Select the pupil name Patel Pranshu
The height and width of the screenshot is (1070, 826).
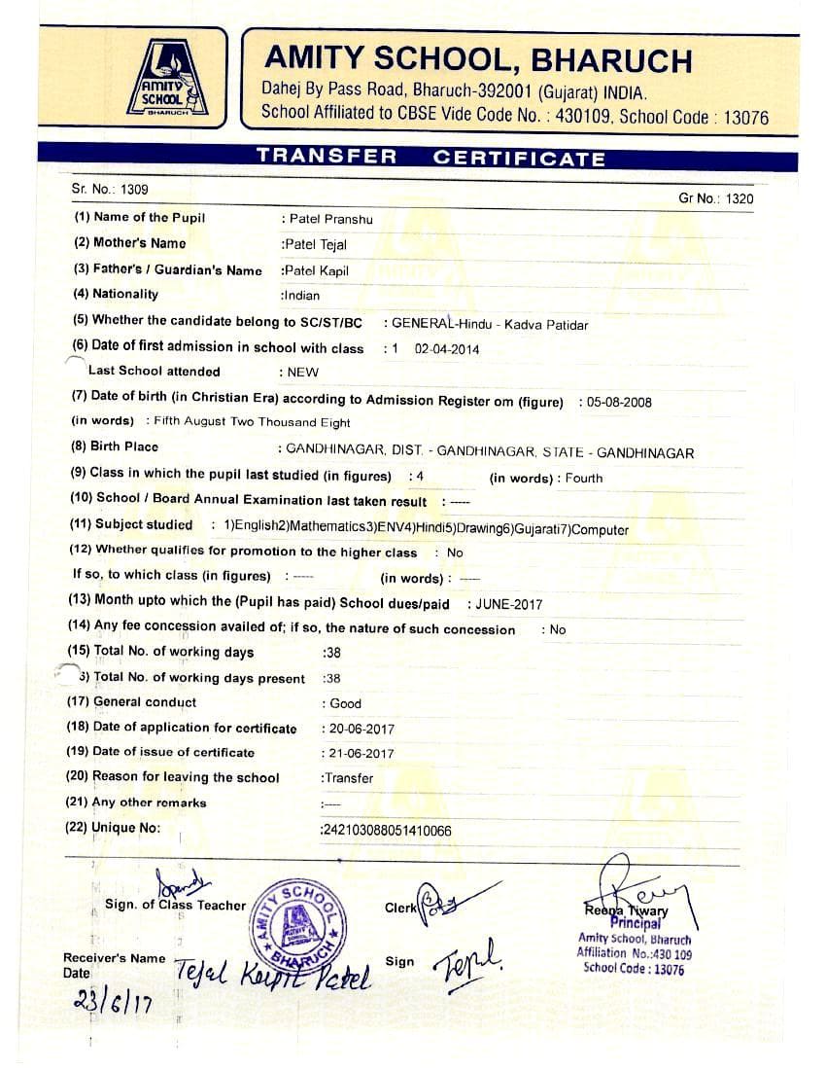coord(330,219)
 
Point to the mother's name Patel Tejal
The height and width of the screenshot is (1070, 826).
coord(314,244)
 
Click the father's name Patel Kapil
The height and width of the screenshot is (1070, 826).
coord(315,270)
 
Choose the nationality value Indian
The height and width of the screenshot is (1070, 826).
coord(300,295)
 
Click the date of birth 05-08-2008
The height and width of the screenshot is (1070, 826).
coord(620,402)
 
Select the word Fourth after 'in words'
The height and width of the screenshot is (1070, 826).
coord(584,478)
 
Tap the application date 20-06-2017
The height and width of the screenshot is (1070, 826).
coord(361,729)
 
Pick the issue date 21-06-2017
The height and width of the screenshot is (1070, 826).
coord(361,753)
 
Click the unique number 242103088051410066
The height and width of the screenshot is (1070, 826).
coord(387,830)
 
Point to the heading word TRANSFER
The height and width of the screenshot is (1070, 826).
coord(327,157)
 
